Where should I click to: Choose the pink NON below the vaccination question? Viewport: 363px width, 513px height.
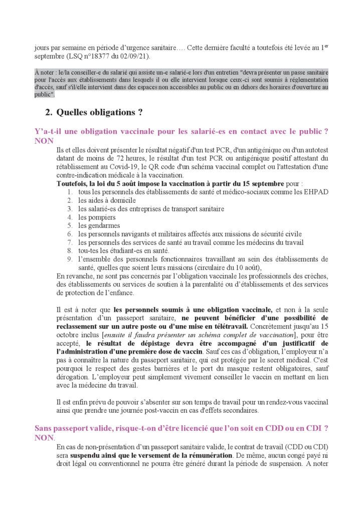[44, 141]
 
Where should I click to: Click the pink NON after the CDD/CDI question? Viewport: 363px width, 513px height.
[44, 437]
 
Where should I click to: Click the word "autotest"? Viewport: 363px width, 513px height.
[315, 150]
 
